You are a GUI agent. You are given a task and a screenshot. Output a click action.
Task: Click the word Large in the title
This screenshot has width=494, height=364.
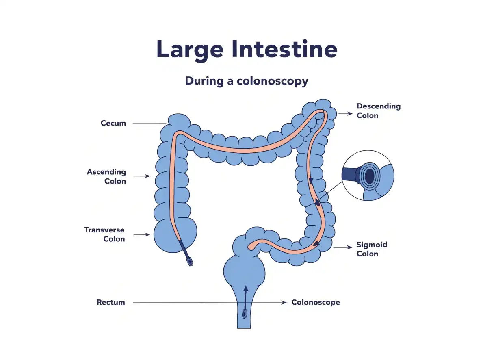tap(190, 50)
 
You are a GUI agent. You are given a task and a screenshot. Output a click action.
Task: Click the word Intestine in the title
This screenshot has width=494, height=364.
tap(284, 48)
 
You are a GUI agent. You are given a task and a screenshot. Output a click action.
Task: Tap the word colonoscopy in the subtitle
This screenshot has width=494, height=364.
tap(272, 81)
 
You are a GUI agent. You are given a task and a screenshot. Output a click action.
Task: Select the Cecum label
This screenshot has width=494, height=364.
tap(113, 123)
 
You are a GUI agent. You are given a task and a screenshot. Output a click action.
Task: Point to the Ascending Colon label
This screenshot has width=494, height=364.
tap(106, 176)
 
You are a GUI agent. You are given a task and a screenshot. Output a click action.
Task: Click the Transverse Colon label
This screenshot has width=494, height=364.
tap(104, 234)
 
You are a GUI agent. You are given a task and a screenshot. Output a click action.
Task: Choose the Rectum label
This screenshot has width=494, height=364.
tap(111, 302)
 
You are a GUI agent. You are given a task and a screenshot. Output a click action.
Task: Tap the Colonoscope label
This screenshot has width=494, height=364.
tap(316, 303)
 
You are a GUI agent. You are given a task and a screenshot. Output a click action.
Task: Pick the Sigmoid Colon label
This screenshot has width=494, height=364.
tap(372, 249)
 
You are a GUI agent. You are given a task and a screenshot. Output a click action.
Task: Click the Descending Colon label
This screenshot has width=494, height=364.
tap(379, 110)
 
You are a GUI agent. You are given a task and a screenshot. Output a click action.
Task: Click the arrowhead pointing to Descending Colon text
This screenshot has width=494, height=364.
tap(350, 113)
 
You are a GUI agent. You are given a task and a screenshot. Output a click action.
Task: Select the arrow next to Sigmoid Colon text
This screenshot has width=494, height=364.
tap(342, 247)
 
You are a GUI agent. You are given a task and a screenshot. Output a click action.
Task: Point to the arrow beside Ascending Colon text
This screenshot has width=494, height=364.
tap(142, 176)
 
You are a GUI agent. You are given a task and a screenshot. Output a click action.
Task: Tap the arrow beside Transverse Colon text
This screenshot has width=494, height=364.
tap(142, 234)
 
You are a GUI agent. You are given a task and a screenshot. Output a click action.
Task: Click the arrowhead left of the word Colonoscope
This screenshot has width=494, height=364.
tap(284, 303)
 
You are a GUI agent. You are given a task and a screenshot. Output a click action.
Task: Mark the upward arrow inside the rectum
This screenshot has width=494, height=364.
tap(246, 298)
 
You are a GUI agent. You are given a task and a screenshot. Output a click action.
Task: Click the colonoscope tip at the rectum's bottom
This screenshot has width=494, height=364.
tap(245, 314)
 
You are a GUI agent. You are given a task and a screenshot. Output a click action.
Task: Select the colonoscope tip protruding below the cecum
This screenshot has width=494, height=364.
tap(189, 262)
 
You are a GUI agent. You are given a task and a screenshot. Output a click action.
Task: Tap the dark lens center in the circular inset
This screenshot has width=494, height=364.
tap(370, 176)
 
